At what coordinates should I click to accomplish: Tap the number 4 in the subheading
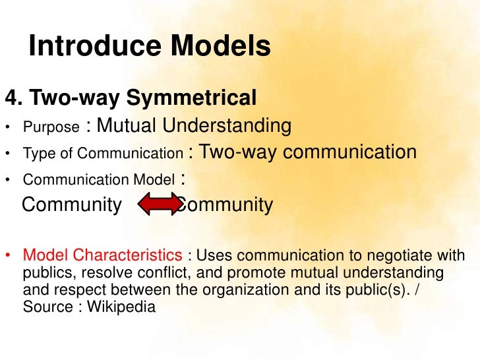11,98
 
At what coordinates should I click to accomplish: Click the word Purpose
51,127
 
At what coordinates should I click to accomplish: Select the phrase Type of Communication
102,154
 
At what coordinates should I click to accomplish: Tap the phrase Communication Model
99,180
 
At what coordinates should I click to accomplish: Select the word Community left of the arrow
72,206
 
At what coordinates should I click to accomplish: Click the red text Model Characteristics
102,256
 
